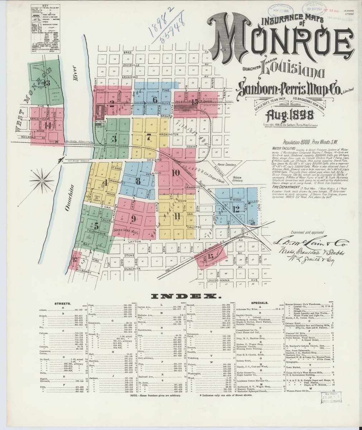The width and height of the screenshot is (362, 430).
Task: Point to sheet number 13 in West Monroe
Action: pyautogui.click(x=46, y=82)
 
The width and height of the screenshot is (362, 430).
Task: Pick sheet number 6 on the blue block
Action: pyautogui.click(x=155, y=100)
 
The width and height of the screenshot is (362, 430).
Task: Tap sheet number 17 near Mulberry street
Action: pyautogui.click(x=75, y=260)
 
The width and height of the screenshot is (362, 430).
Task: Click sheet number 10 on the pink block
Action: pyautogui.click(x=175, y=172)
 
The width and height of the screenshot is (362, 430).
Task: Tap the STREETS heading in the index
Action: pyautogui.click(x=63, y=304)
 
